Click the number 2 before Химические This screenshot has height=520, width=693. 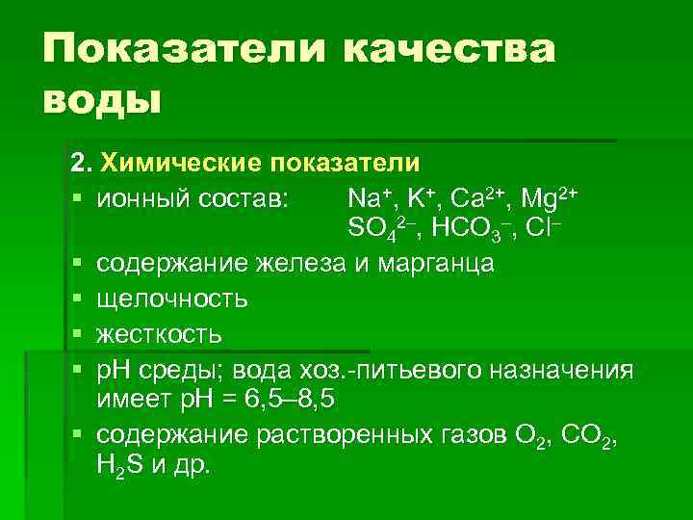78,160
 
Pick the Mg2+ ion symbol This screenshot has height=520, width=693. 549,198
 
